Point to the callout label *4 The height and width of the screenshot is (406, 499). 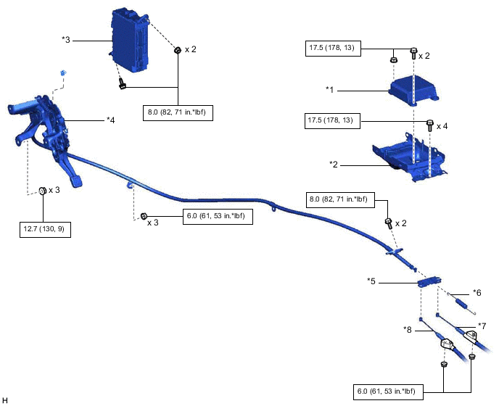pyautogui.click(x=110, y=120)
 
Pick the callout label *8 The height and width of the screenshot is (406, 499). pyautogui.click(x=408, y=328)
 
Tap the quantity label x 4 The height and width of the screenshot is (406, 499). pyautogui.click(x=442, y=125)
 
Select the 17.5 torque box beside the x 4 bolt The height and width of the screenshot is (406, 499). pyautogui.click(x=332, y=120)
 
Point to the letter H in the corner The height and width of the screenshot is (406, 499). pyautogui.click(x=5, y=400)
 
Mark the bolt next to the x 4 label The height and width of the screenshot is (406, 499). pyautogui.click(x=429, y=125)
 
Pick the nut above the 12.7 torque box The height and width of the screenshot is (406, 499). pyautogui.click(x=42, y=190)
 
